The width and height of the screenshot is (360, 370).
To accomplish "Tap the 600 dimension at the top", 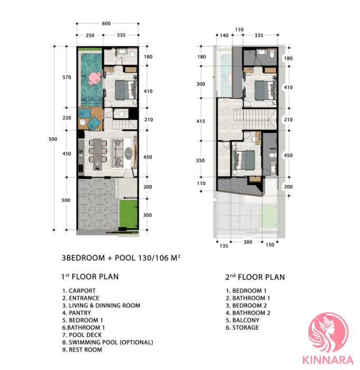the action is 106,23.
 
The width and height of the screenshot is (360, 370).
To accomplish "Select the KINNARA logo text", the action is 328,361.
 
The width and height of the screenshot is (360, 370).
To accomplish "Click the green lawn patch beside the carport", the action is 128,214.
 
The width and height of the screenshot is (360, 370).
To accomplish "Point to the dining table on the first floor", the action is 97,154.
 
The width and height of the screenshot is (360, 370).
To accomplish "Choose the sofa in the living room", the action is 117,153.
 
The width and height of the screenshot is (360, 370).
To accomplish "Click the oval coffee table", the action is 129,153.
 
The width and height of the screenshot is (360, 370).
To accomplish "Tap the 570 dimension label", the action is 67,77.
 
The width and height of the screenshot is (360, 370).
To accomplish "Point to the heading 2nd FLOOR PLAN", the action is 255,277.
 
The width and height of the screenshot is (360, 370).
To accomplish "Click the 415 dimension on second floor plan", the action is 200,121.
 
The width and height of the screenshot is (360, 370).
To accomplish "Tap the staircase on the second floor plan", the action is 255,119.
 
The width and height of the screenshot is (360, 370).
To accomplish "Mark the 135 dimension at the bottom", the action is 223,246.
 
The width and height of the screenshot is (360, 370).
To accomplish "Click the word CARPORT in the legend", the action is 82,291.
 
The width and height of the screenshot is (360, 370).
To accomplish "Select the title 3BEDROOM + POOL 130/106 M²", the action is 121,258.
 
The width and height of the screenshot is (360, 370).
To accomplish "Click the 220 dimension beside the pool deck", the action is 67,118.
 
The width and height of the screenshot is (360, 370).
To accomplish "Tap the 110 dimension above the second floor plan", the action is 239,30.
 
